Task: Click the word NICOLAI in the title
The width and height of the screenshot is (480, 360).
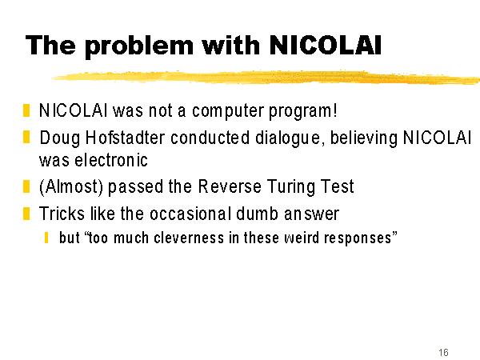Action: point(325,45)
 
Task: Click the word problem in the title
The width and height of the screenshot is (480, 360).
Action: point(139,46)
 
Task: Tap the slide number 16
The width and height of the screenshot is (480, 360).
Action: point(443,352)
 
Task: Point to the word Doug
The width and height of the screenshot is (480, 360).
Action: point(60,138)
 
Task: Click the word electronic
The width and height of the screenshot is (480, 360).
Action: point(111,160)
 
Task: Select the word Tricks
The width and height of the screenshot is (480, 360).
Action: point(62,214)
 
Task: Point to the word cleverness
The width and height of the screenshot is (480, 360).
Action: point(189,238)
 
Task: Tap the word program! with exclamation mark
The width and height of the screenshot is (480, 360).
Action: point(303,111)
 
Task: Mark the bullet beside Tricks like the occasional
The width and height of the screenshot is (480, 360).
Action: point(26,214)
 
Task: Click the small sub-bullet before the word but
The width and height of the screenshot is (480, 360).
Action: point(46,238)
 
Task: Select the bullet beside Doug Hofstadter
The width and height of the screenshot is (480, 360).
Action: point(26,137)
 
